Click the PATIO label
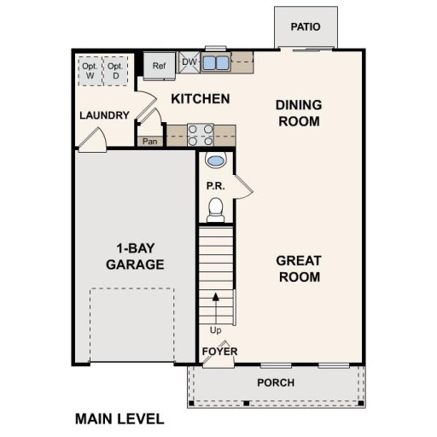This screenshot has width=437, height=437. point(305,26)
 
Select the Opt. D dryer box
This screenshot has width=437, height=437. point(115,70)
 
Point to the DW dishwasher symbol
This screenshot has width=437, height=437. point(189,62)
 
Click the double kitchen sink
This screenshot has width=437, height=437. point(215,62)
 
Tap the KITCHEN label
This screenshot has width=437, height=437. point(200,99)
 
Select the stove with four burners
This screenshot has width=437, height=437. point(200,135)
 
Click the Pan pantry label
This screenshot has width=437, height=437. point(150,141)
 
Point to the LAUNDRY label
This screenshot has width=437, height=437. point(104,115)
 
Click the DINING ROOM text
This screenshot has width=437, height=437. point(298,113)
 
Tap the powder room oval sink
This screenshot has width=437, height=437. point(217,160)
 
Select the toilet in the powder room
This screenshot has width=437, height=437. point(216,207)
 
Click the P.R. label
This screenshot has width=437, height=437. point(214,185)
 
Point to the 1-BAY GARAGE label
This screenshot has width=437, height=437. point(135,257)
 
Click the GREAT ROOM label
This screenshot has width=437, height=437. point(298,269)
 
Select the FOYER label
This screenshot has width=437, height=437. point(219,351)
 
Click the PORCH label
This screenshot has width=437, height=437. point(275,382)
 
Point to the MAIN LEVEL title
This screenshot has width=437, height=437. point(119,419)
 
